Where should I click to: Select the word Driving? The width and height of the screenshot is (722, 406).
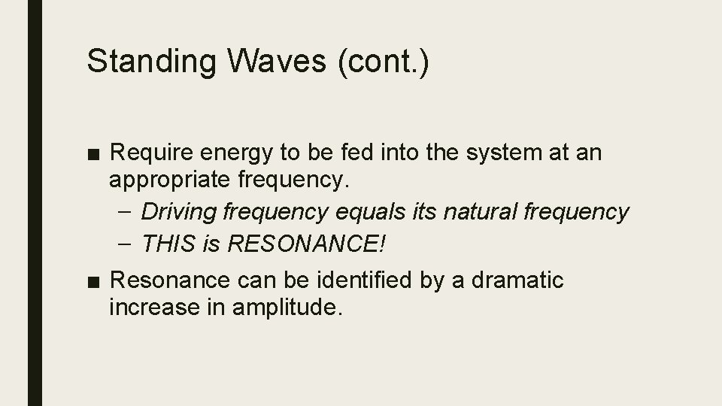(x=178, y=212)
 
